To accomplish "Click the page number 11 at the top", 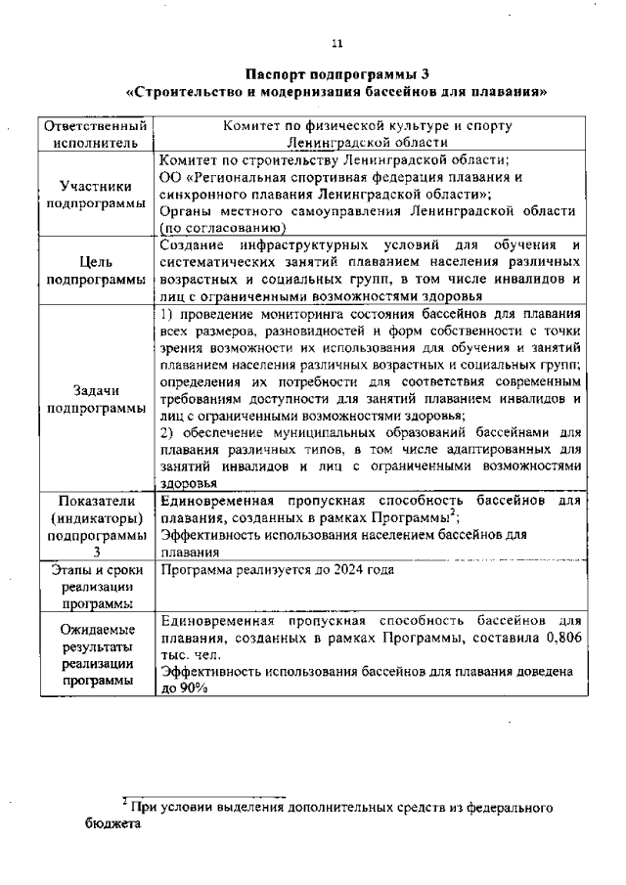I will (336, 43).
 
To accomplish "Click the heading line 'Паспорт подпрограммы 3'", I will (336, 74).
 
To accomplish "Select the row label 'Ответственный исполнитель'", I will (96, 134).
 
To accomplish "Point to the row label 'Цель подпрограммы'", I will (96, 270).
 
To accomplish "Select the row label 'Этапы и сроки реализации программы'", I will (96, 587).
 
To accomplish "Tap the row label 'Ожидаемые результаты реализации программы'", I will (96, 655).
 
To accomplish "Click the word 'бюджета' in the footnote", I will (111, 824).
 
